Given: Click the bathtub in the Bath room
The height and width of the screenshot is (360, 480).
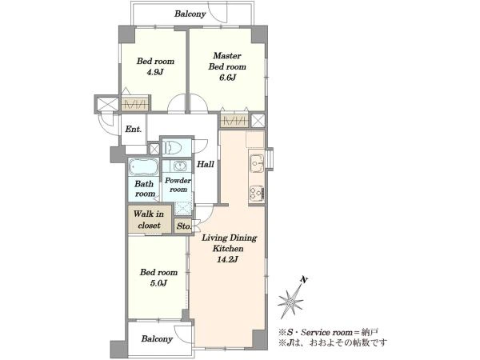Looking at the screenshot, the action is click(143, 167).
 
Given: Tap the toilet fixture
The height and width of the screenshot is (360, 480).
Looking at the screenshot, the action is click(171, 147).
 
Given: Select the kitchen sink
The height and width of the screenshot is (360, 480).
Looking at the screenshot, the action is click(257, 163).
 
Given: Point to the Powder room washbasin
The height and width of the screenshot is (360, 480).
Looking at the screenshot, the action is click(179, 166).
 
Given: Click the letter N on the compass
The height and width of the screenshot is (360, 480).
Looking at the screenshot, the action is click(304, 279).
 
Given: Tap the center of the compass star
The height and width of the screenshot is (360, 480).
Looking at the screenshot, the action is click(290, 302).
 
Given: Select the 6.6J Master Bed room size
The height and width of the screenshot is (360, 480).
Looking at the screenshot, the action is click(227, 78).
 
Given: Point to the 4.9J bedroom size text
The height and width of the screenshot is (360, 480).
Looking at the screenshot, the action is click(155, 72).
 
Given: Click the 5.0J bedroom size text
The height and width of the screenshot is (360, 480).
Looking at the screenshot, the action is click(158, 283).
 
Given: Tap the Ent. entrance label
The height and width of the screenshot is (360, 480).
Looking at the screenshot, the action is click(133, 129).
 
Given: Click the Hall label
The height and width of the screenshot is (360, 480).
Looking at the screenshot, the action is click(205, 164).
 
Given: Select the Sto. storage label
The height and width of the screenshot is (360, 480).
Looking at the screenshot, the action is click(184, 226).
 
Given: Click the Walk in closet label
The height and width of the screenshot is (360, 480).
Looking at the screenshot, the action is click(149, 219).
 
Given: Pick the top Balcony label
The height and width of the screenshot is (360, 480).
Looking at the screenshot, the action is click(190, 14).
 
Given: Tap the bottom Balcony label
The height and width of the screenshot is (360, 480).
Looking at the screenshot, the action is click(157, 339).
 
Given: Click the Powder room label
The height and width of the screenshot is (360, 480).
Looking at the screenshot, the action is click(178, 185).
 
